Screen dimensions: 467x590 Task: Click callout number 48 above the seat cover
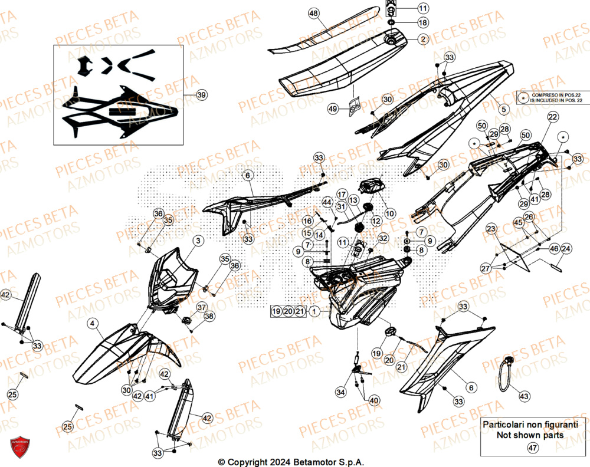point(313,13)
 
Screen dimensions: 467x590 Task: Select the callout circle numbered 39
point(201,95)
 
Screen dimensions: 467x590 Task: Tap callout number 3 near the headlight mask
point(198,241)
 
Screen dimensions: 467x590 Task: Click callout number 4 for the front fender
point(93,323)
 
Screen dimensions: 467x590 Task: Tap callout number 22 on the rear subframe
point(552,117)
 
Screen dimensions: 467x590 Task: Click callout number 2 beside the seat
point(423,39)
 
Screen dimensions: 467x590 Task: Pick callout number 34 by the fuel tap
point(341,392)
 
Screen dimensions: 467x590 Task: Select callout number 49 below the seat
point(333,109)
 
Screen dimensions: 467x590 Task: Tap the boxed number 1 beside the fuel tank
point(315,311)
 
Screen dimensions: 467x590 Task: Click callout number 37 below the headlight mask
point(201,307)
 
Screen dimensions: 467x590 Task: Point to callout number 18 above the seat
point(423,22)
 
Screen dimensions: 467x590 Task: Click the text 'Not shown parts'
point(529,435)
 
